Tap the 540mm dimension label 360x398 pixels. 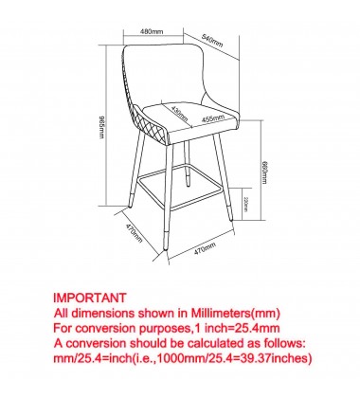pyautogui.click(x=212, y=40)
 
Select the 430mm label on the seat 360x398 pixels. pyautogui.click(x=179, y=114)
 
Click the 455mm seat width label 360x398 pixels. pyautogui.click(x=213, y=118)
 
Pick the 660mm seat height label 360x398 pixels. pyautogui.click(x=264, y=172)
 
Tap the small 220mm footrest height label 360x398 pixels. pyautogui.click(x=246, y=205)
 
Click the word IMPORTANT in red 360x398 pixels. pyautogui.click(x=90, y=298)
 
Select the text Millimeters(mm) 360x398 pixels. pyautogui.click(x=236, y=313)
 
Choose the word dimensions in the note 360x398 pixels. pyautogui.click(x=103, y=313)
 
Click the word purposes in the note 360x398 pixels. pyautogui.click(x=164, y=329)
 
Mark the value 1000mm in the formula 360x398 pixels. pyautogui.click(x=182, y=358)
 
